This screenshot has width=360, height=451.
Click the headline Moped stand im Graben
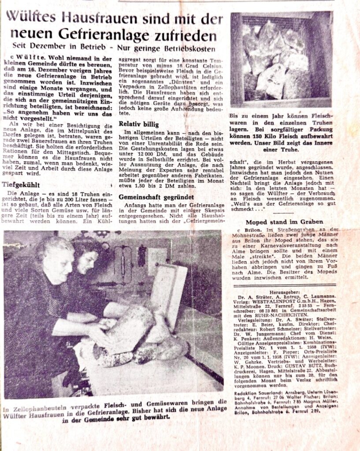tap(284, 222)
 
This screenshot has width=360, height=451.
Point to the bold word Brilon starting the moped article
tap(247, 230)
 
